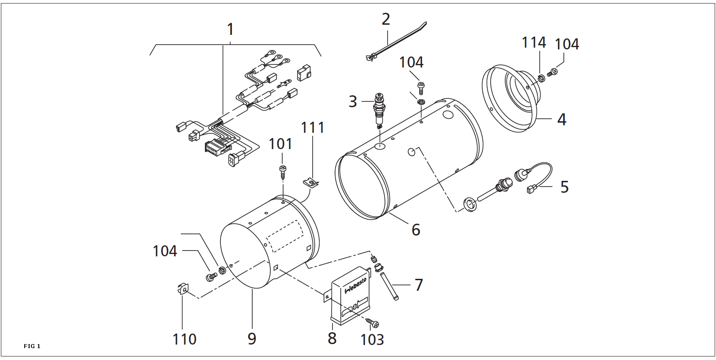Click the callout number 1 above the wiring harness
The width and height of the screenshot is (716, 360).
click(x=231, y=30)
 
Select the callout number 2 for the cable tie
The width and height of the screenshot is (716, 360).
click(x=386, y=19)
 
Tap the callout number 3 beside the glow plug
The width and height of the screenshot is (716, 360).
click(x=353, y=101)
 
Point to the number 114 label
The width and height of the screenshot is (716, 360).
click(x=534, y=42)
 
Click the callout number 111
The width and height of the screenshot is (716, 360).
click(x=313, y=127)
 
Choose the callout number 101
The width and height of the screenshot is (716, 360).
click(x=281, y=144)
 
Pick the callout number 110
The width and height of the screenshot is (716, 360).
click(x=184, y=339)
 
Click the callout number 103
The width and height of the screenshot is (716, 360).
click(x=372, y=340)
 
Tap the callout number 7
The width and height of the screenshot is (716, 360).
click(x=419, y=285)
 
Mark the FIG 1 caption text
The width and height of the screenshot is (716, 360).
click(x=32, y=346)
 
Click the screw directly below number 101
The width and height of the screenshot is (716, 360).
click(x=283, y=172)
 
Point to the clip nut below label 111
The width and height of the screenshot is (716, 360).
click(x=311, y=183)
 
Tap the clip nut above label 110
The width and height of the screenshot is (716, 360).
click(x=183, y=288)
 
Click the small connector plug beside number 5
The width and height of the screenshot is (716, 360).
click(x=531, y=190)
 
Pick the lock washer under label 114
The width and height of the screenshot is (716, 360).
click(x=541, y=78)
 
